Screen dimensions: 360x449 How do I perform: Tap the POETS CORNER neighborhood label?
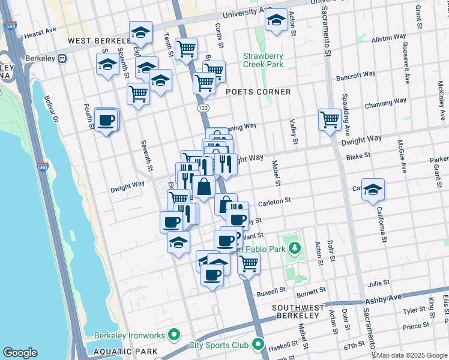258,92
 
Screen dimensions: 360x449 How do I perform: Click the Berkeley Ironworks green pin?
174,334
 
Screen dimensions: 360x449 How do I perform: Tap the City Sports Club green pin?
258,344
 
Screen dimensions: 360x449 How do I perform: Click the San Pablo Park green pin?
294,247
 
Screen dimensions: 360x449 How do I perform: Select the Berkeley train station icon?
62,59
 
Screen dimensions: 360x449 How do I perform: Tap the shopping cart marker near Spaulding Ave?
330,119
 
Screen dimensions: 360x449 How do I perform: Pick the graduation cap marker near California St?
373,189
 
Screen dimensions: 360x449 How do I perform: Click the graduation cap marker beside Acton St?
276,21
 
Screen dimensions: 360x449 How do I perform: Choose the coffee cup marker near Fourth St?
106,120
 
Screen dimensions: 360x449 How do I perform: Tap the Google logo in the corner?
20,353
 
